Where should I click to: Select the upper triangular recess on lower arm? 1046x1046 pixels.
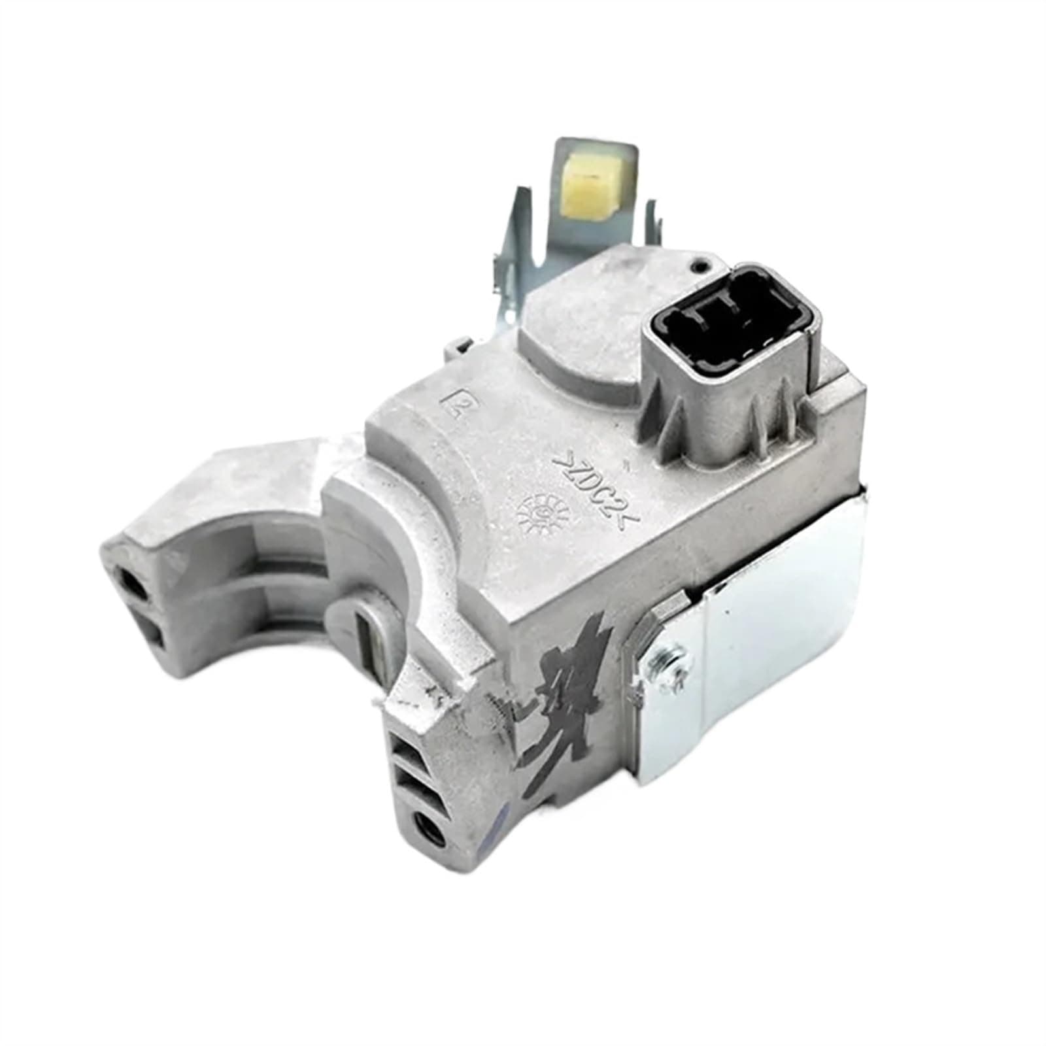pos(407,745)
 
